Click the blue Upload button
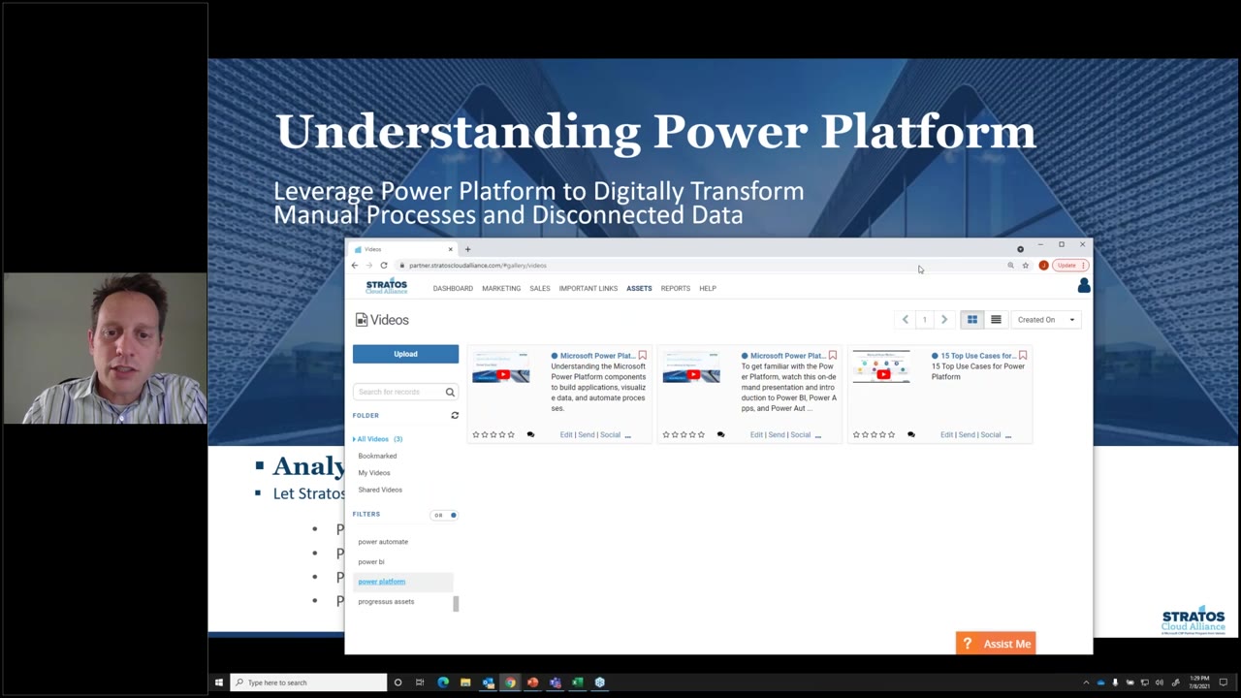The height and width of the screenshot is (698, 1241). point(405,354)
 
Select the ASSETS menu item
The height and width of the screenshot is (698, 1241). point(639,288)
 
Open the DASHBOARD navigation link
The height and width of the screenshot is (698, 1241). point(453,288)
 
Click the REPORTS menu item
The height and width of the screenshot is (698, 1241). point(676,288)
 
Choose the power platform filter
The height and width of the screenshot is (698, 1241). point(382,582)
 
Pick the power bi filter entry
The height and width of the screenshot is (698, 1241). point(371,561)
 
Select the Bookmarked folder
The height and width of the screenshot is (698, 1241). point(377,456)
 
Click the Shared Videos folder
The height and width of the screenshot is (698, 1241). point(380,490)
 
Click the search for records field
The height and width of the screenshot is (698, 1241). point(399,392)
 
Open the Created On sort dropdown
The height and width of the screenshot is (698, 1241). point(1045,320)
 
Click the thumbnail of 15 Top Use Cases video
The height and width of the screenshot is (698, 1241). point(881,367)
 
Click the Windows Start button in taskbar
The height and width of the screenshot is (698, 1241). point(218,682)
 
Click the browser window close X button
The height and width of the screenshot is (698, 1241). point(1082,244)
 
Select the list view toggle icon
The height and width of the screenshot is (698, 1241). point(996,320)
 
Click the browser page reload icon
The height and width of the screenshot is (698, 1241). point(384,266)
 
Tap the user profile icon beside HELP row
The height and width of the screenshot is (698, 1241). point(1083,285)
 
